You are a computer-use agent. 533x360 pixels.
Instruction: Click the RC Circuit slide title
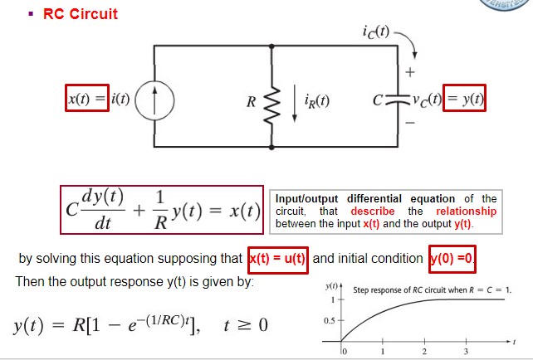coord(80,14)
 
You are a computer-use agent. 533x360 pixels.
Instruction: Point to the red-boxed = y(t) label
coord(466,100)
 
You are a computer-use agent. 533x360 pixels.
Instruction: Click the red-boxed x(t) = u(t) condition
coord(278,258)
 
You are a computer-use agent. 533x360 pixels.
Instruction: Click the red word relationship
coord(466,211)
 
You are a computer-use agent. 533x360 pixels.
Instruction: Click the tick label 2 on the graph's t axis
coord(423,352)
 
